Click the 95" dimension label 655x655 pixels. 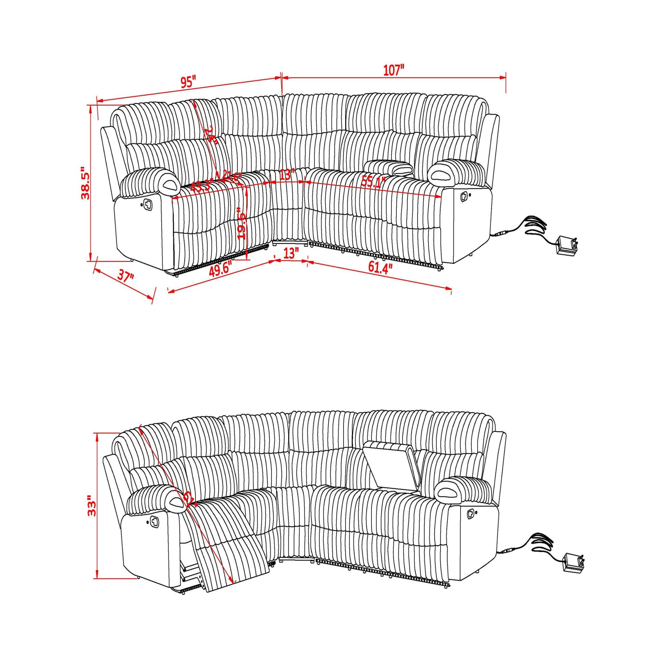188,82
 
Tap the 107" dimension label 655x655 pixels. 393,70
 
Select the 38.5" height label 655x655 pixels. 85,183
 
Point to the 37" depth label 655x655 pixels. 126,276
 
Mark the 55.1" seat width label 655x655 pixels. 373,182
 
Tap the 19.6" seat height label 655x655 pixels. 241,223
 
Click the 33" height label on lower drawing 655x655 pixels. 91,506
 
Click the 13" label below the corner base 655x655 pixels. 291,253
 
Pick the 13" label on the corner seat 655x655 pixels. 287,175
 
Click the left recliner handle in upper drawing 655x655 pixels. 148,204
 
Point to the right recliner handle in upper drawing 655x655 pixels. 464,196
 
